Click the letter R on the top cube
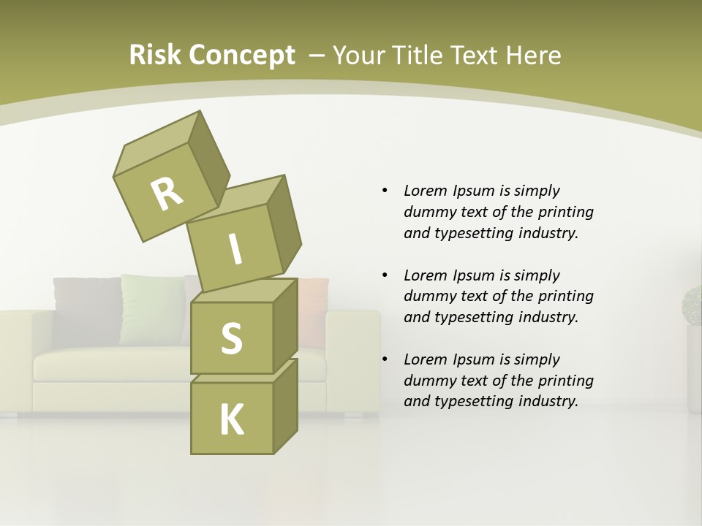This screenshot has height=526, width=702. (167, 194)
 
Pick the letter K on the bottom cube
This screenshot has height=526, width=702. (231, 419)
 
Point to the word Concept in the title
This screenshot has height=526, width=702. (241, 56)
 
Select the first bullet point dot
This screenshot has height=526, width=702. (385, 191)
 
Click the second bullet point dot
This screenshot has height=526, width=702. (385, 275)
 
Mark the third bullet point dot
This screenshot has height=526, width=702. (385, 359)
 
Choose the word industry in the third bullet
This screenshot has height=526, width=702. (549, 401)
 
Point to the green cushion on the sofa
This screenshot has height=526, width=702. (151, 308)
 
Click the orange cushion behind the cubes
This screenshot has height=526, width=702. (314, 310)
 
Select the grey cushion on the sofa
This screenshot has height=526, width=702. (84, 310)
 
